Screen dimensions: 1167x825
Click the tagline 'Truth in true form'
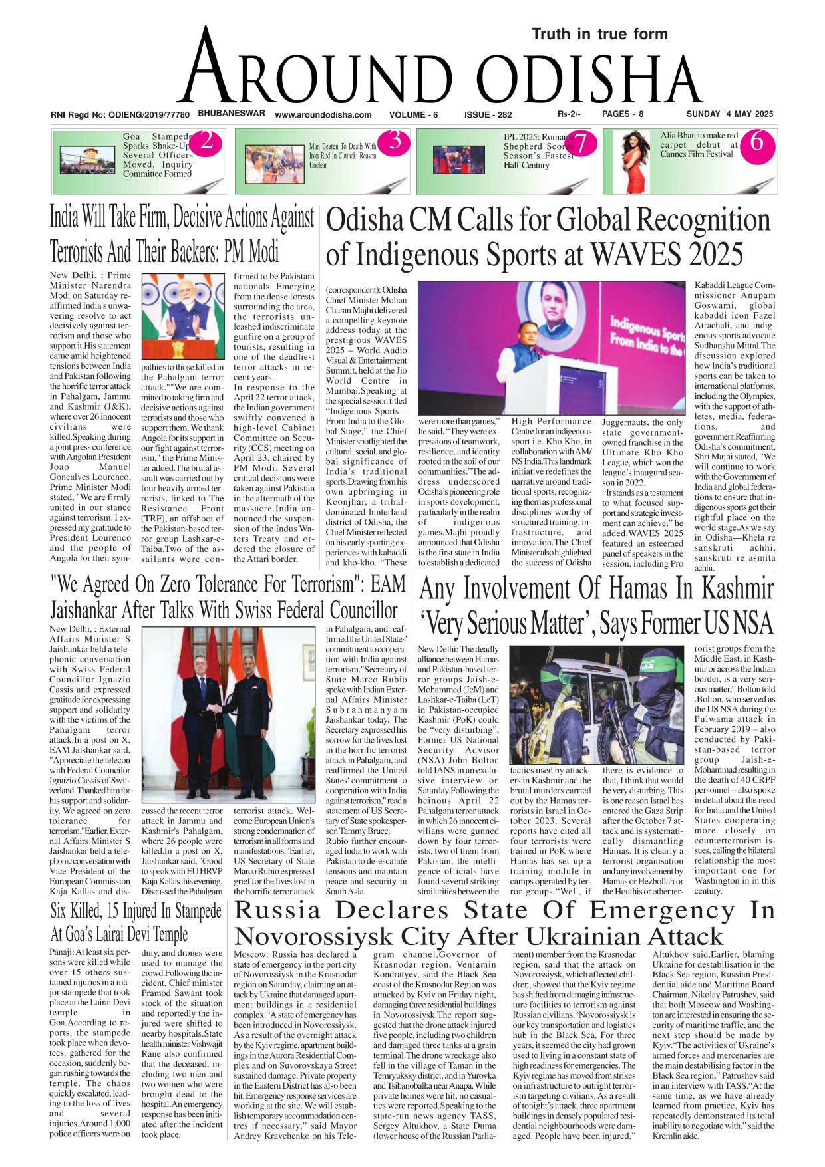click(599, 34)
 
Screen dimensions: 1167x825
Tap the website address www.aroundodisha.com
click(323, 114)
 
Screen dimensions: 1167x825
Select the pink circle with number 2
click(206, 141)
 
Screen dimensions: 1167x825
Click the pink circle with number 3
click(395, 141)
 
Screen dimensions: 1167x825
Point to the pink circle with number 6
click(758, 142)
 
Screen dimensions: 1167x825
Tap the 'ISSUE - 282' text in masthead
click(488, 114)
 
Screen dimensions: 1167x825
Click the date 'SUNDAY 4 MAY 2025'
click(730, 114)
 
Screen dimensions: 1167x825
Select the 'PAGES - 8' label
click(623, 114)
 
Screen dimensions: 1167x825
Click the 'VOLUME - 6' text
click(413, 114)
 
